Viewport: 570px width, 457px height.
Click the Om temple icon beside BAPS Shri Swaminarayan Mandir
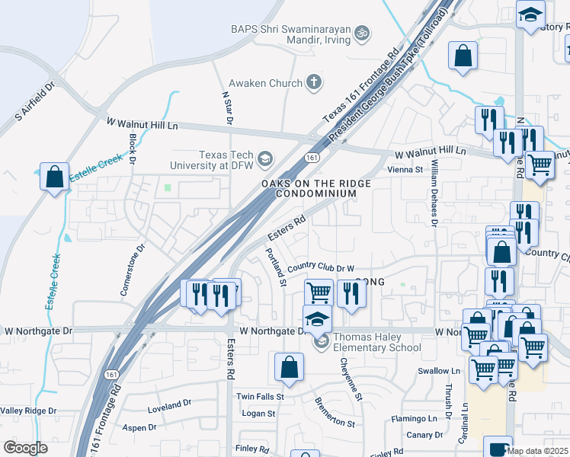pos(363,33)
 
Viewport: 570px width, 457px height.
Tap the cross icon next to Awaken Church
pos(313,82)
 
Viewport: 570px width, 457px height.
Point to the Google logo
pos(25,448)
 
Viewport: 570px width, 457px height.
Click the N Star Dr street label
pos(226,108)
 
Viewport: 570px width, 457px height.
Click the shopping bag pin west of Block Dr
pos(55,177)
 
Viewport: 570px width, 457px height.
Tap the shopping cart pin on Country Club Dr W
pos(319,292)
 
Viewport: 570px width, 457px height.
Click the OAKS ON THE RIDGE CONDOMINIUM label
pos(315,189)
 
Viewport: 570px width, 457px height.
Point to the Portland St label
pos(274,267)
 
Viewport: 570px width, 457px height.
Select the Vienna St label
pos(405,170)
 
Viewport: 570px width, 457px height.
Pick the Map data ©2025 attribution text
pos(538,451)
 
